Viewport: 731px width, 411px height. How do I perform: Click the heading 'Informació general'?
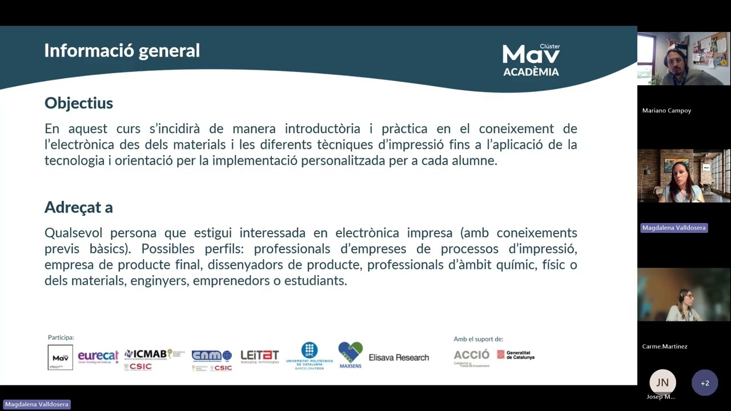click(122, 51)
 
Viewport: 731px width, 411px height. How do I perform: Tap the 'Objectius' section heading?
click(79, 103)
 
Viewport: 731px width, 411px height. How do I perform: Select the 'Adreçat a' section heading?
click(79, 207)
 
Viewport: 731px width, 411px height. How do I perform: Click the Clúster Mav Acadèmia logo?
click(531, 60)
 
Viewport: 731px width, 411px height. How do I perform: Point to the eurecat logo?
click(98, 357)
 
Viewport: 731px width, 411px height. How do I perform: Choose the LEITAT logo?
click(260, 357)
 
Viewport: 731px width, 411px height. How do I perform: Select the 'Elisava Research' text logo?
click(399, 357)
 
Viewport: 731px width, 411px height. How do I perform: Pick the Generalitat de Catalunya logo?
click(516, 355)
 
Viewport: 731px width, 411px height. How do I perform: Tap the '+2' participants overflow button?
click(705, 383)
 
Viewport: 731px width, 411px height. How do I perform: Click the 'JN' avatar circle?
click(662, 382)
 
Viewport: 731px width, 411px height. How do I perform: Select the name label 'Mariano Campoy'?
click(666, 111)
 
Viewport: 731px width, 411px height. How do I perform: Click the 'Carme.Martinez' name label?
click(665, 346)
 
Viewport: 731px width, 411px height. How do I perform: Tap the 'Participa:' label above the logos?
click(61, 337)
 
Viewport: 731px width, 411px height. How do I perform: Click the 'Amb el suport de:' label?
click(479, 339)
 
